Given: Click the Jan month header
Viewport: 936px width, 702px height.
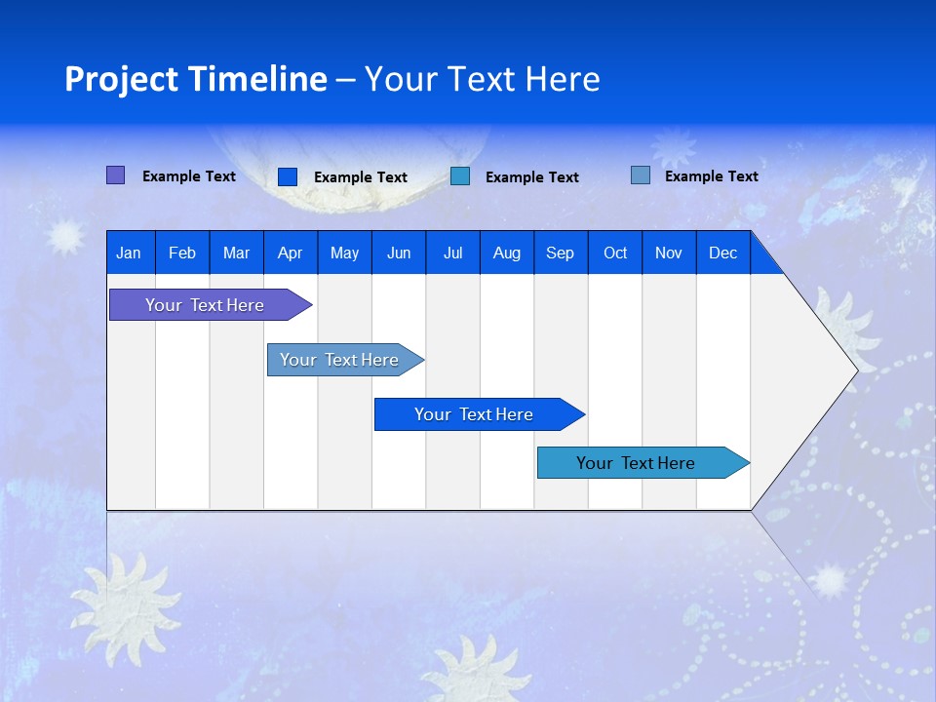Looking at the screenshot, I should tap(130, 253).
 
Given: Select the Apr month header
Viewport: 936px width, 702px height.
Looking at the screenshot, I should tap(291, 253).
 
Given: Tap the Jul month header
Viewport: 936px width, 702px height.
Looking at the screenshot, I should tap(453, 253).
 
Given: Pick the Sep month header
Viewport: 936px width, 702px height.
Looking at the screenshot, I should tap(561, 253).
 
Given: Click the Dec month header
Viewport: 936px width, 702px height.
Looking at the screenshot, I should tap(723, 253).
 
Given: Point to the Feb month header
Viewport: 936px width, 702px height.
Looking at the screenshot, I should tap(182, 253).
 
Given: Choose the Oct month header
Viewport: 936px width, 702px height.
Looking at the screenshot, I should tap(615, 253).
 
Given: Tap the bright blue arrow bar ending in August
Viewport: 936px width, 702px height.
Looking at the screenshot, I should tap(475, 414).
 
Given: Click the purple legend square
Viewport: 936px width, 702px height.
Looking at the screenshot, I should tap(116, 175).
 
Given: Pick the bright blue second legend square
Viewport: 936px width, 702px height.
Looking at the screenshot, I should tap(288, 176).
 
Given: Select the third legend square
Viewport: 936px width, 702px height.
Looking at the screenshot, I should tap(460, 176).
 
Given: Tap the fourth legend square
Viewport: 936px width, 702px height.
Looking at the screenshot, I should tap(641, 175).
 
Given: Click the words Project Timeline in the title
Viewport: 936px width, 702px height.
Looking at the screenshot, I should tap(196, 79).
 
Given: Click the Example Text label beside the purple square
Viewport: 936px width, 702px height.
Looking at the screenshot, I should tap(189, 176).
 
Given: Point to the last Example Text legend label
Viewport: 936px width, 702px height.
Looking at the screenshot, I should tap(712, 176).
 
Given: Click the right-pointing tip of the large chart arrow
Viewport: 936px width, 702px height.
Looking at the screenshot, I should tap(853, 370).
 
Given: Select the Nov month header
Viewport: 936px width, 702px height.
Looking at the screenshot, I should tap(669, 253).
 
